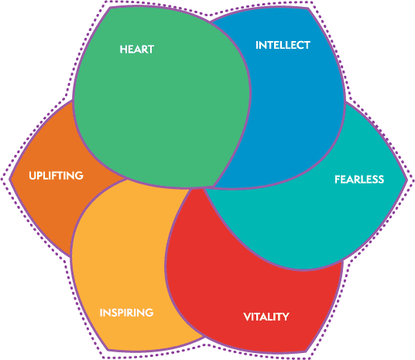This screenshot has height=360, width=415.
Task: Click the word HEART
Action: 137,50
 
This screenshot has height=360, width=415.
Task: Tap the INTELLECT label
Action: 283,45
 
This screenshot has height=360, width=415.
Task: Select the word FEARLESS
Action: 359,180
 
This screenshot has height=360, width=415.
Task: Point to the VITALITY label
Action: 266,317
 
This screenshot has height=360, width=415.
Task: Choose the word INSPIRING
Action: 126,313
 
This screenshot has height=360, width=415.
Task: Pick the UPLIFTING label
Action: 56,176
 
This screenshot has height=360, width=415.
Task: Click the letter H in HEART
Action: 123,50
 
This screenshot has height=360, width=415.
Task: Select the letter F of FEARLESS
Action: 338,180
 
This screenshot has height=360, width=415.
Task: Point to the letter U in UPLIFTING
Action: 33,176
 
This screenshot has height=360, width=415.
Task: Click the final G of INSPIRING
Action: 149,313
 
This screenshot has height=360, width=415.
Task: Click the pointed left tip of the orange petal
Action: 10,179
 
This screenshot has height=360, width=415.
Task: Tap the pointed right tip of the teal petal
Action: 406,180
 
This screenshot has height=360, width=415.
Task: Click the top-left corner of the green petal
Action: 110,8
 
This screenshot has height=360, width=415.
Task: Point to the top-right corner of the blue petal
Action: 308,9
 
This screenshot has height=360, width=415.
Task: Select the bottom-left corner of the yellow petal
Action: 108,350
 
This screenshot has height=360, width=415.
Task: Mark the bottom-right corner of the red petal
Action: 307,351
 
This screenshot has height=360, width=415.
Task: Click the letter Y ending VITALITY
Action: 285,317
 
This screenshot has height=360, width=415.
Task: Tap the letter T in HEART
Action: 151,50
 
